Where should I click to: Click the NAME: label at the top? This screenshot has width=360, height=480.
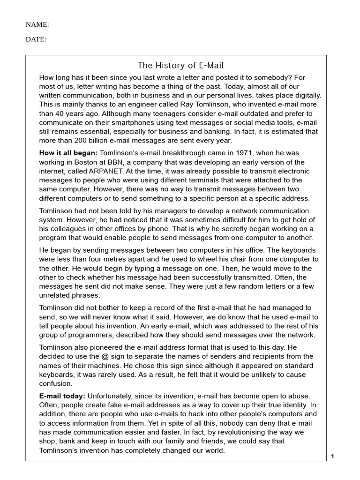tap(37, 24)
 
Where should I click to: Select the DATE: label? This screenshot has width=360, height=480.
tap(36, 39)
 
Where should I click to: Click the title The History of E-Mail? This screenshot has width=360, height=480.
tap(177, 65)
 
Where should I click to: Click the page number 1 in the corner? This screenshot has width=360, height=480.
tap(332, 457)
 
